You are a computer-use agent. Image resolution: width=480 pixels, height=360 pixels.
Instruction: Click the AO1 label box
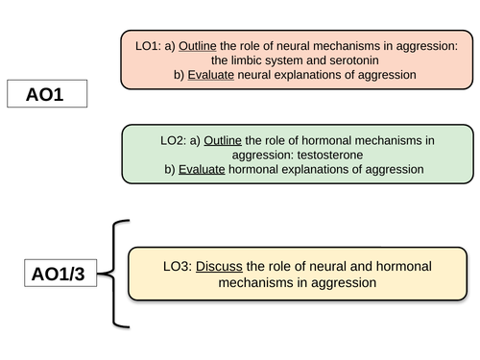pos(46,95)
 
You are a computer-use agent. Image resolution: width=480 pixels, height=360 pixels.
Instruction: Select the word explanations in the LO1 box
pos(315,74)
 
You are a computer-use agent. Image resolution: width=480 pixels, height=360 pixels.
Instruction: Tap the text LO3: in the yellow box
pos(175,266)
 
